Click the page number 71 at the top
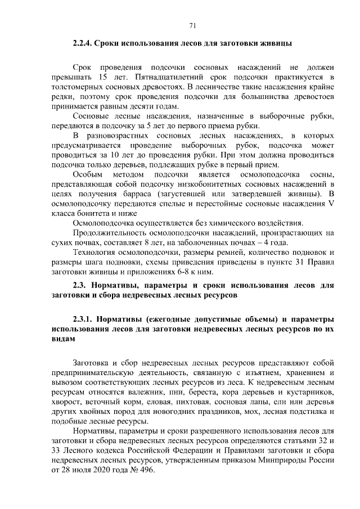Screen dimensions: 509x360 click(192, 25)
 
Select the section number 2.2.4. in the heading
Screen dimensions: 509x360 click(85, 43)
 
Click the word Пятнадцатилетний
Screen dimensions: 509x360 click(167, 76)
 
